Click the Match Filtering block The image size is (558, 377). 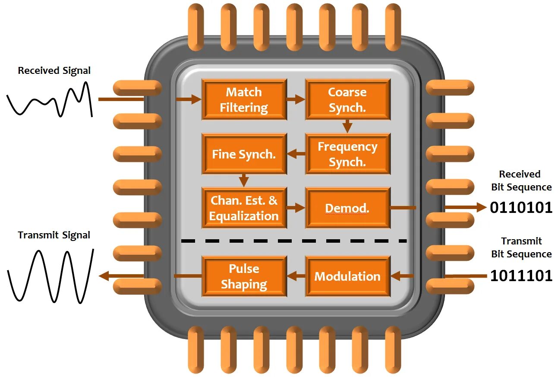pos(244,99)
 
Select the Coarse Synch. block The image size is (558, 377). pos(347,99)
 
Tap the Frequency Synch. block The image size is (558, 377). pos(347,154)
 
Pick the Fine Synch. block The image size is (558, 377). pos(244,154)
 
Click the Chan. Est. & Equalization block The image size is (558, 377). pos(244,208)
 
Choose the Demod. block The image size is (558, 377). pos(347,208)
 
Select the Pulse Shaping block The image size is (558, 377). pos(244,276)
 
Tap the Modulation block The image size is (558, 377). pos(347,276)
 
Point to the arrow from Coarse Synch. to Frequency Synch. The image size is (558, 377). pos(347,126)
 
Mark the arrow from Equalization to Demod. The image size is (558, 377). pos(296,208)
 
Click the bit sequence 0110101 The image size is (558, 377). pos(521,208)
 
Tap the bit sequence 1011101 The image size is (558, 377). pos(521,276)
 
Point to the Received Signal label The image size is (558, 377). pos(54,70)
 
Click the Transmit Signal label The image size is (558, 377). pos(54,235)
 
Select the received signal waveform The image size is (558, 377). pos(50,100)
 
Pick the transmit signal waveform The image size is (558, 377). pos(50,275)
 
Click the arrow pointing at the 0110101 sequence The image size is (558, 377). pos(465,208)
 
